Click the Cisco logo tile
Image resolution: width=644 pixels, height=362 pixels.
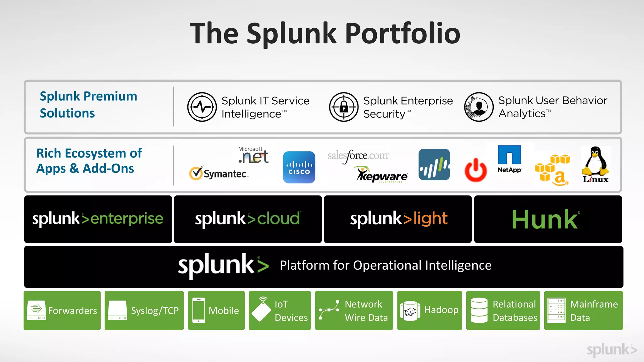tap(299, 167)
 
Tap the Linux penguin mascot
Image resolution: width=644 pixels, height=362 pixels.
tap(595, 162)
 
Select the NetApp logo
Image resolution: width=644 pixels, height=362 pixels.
tap(509, 159)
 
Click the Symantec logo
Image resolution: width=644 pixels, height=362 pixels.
tap(219, 173)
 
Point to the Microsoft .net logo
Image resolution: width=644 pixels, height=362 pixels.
tap(253, 155)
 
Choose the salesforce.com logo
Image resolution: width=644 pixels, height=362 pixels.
tap(358, 156)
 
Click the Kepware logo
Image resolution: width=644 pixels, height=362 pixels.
tap(382, 175)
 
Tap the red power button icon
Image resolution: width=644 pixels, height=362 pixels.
tap(475, 170)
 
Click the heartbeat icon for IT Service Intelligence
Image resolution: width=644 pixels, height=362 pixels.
tap(202, 107)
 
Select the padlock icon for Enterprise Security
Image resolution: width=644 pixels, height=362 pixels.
tap(344, 107)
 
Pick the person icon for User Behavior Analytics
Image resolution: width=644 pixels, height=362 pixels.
tap(479, 107)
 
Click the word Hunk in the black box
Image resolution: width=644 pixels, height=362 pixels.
tap(545, 220)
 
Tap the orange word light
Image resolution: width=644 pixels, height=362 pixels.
tap(430, 219)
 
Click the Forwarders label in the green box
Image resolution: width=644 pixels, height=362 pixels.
tap(73, 311)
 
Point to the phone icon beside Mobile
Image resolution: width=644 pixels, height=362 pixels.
tap(199, 310)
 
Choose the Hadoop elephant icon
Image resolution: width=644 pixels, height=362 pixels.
tap(410, 311)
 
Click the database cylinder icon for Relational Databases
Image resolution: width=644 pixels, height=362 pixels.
tap(479, 310)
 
